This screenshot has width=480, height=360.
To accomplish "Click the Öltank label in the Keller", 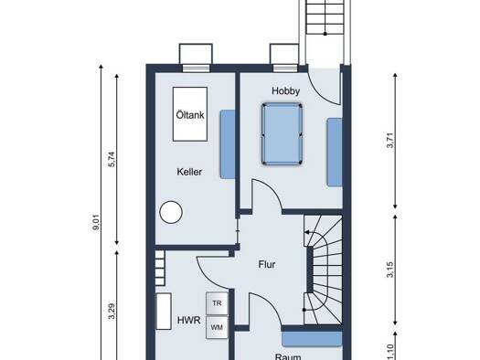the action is [x=190, y=115].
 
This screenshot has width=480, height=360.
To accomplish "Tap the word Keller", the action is [x=189, y=172].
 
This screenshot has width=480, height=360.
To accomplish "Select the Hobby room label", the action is [x=285, y=90].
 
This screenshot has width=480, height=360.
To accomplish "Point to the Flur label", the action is [x=267, y=264].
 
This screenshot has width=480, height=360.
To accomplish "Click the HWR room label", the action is [x=189, y=320].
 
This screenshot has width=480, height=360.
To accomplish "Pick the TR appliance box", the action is [x=217, y=303].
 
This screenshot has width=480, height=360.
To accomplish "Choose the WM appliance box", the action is [x=217, y=328].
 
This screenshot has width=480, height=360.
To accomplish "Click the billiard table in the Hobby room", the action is [x=282, y=134].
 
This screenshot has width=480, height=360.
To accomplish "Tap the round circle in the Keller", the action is [x=171, y=212].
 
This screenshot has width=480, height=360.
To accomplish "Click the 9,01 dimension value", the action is [x=96, y=222].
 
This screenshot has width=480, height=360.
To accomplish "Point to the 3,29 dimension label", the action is [x=112, y=311].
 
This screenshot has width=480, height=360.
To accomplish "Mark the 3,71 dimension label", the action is [x=390, y=141].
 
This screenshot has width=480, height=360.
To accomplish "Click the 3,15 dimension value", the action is [x=390, y=270].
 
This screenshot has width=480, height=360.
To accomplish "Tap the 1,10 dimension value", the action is [x=390, y=352].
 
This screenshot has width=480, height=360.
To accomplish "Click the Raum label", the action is [x=288, y=356].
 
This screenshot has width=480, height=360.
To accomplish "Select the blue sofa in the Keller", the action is [x=228, y=144].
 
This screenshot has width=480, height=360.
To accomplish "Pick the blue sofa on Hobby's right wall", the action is [x=335, y=152].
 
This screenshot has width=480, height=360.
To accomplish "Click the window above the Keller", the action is [x=196, y=68].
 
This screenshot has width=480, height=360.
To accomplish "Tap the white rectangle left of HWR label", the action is [x=164, y=312].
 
